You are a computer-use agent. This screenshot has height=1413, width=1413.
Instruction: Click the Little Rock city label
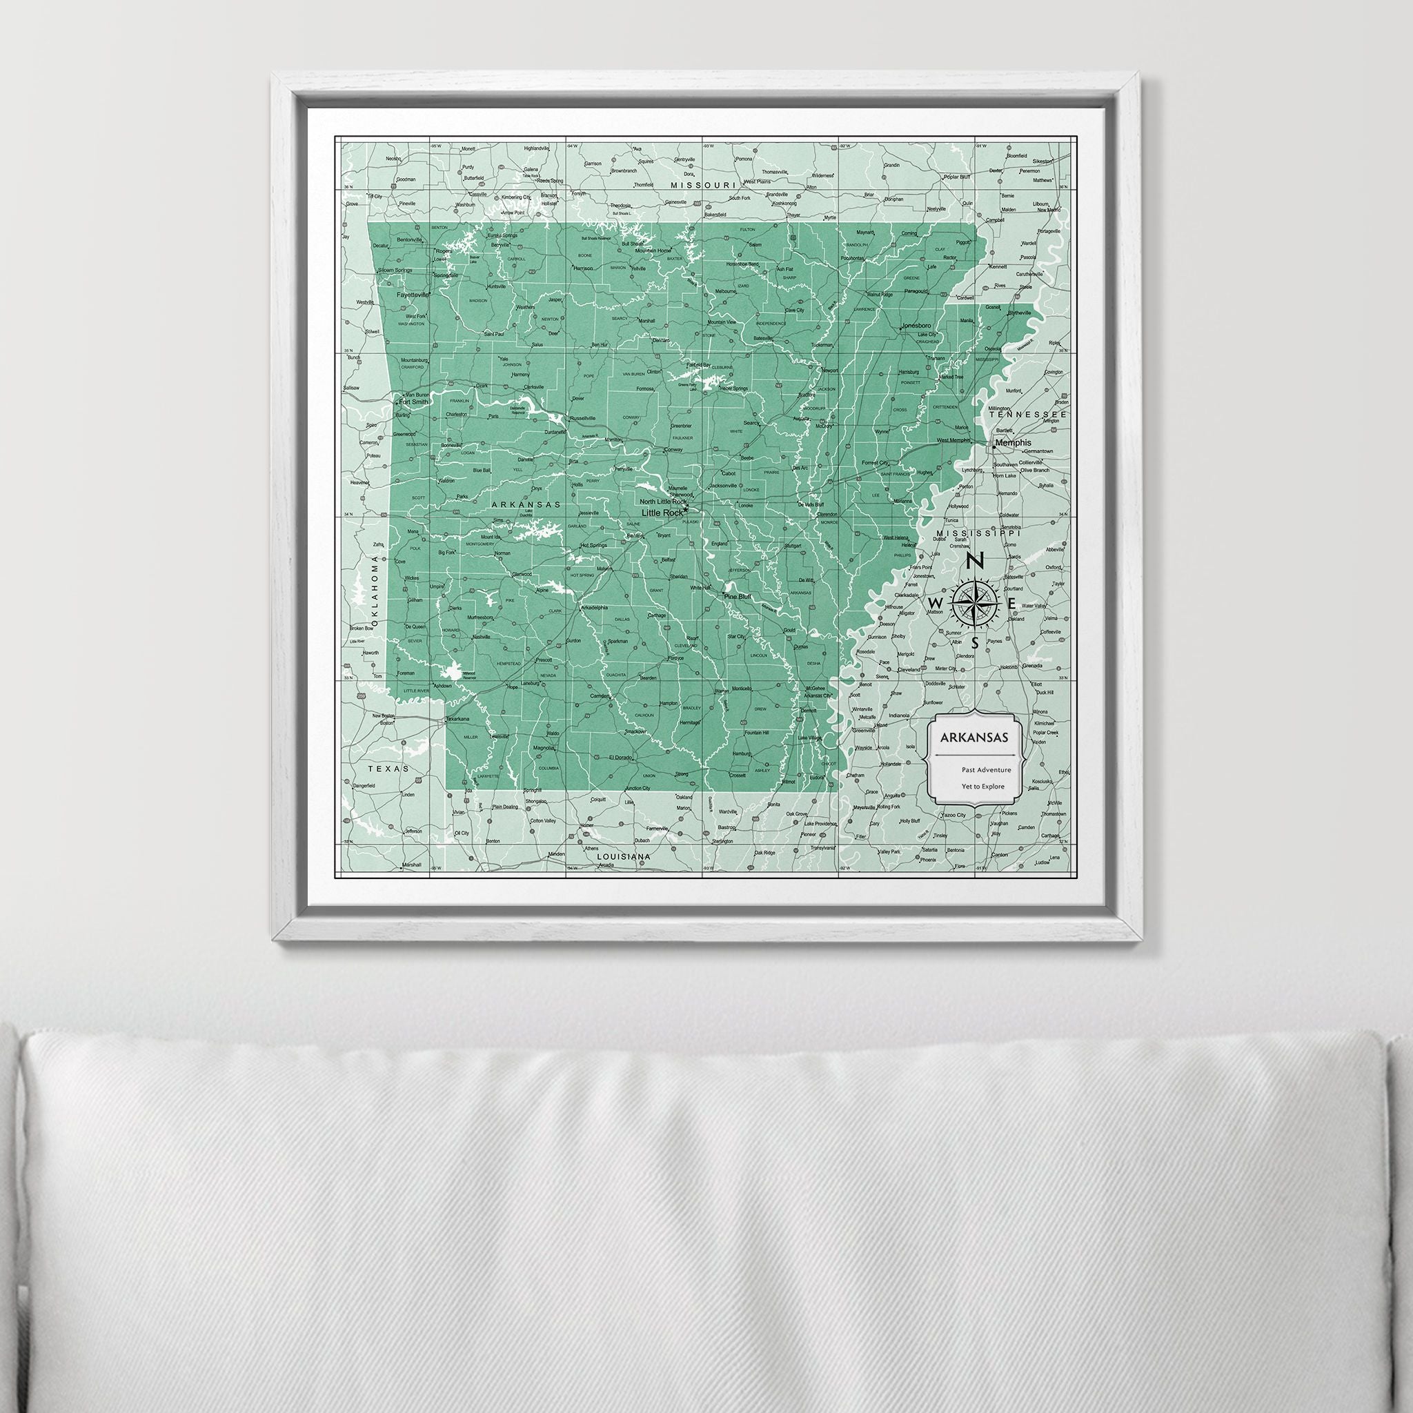point(661,513)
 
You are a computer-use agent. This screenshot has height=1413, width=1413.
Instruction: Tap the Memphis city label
point(1012,442)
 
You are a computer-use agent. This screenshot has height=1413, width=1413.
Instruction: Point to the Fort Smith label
point(413,402)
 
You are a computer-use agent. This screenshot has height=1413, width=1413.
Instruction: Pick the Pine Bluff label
point(738,597)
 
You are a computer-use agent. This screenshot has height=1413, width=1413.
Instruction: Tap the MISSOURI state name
point(702,186)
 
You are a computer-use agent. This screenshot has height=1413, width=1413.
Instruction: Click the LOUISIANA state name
point(623,856)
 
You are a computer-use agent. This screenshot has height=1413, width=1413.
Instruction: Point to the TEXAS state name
point(386,769)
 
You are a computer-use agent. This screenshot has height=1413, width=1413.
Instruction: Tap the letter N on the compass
point(975,561)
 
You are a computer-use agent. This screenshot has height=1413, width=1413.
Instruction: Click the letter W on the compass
point(935,602)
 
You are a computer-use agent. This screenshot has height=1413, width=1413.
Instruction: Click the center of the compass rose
point(976,602)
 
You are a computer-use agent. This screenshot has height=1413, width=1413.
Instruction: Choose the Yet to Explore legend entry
point(985,787)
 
